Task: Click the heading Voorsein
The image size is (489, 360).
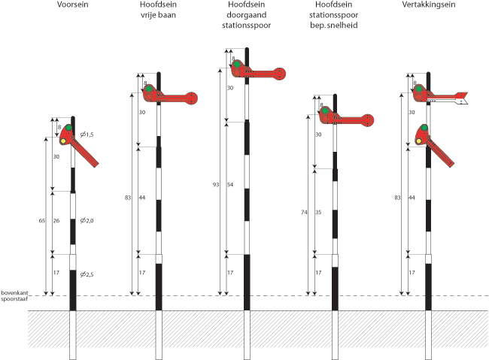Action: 73,5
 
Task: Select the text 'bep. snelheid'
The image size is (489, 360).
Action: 336,26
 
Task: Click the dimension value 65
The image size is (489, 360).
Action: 43,220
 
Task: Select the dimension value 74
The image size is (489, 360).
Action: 305,213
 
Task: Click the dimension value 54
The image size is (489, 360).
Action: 230,184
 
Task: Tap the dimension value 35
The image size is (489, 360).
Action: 319,213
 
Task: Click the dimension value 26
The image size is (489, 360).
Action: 56,220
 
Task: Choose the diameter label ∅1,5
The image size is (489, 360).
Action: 87,134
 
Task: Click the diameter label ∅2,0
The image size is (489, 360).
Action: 87,220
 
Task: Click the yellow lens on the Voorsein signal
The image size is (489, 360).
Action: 63,140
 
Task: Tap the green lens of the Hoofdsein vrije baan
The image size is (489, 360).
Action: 149,89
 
